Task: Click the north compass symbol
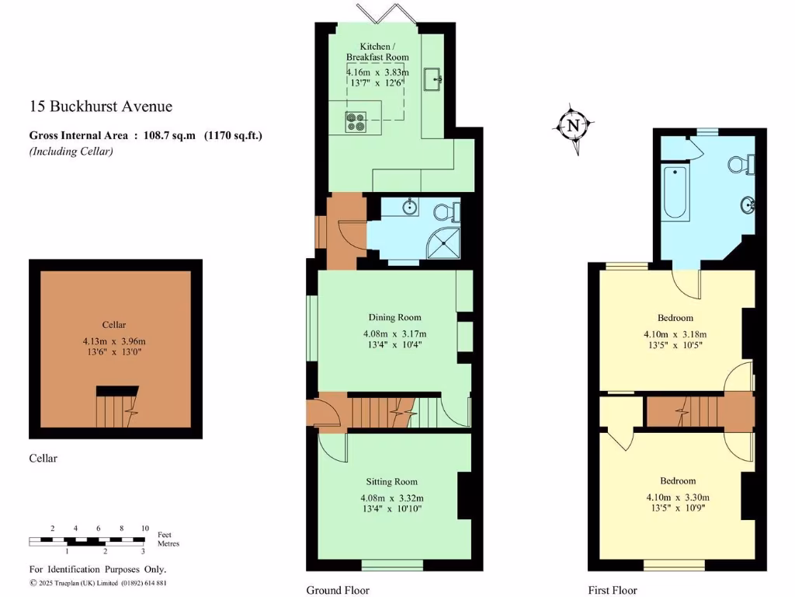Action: tap(574, 124)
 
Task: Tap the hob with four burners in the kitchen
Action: tap(356, 122)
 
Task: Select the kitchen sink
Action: tap(433, 78)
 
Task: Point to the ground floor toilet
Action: tap(449, 211)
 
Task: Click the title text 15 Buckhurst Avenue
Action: tap(101, 106)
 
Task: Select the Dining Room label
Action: tap(394, 317)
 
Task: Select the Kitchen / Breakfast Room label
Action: tap(377, 51)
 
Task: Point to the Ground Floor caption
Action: tap(338, 590)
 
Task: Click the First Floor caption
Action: tap(613, 590)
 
